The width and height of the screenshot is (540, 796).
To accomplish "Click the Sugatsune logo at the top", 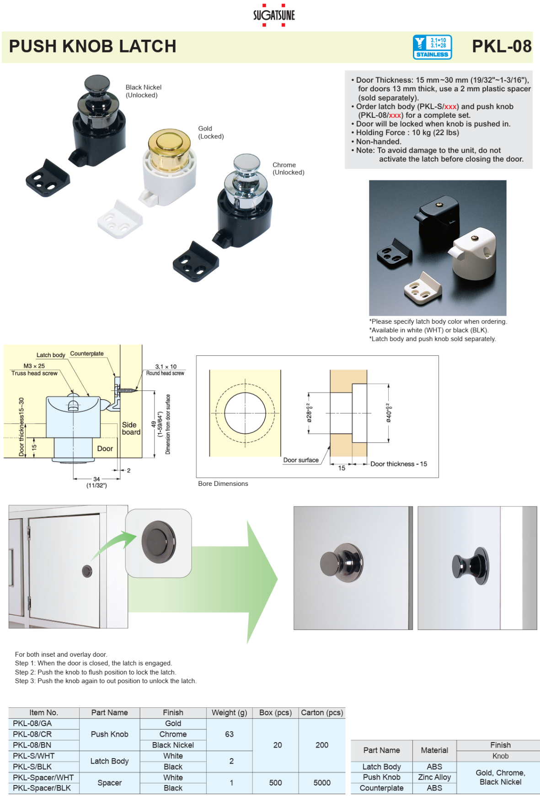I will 274,15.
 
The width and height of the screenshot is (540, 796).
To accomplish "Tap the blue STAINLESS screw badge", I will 432,47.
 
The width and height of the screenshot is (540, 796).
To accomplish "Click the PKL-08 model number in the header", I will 501,46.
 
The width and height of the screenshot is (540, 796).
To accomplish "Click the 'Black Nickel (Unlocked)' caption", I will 143,91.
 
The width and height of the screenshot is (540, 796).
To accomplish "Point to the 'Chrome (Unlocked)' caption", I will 288,169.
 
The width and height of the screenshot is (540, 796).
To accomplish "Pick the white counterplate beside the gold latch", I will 120,220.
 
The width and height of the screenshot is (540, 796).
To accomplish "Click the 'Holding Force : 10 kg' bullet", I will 407,132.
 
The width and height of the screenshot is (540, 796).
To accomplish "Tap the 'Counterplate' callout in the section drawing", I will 87,353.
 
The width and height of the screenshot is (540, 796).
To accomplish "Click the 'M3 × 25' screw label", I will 34,366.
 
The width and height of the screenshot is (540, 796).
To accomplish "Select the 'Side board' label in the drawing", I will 131,428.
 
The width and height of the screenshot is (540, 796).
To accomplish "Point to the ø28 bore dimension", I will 310,412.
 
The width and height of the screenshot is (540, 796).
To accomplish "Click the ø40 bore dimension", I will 389,412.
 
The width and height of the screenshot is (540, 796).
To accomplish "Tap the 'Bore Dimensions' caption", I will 223,484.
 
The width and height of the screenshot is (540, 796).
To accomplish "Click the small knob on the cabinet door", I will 87,571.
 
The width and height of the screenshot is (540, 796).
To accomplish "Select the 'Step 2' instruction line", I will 95,672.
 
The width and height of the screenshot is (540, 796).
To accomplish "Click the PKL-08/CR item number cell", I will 32,734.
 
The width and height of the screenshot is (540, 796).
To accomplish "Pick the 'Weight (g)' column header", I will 229,712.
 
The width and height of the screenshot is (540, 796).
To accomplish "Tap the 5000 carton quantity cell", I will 322,783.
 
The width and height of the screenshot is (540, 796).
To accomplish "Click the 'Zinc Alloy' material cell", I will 434,777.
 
